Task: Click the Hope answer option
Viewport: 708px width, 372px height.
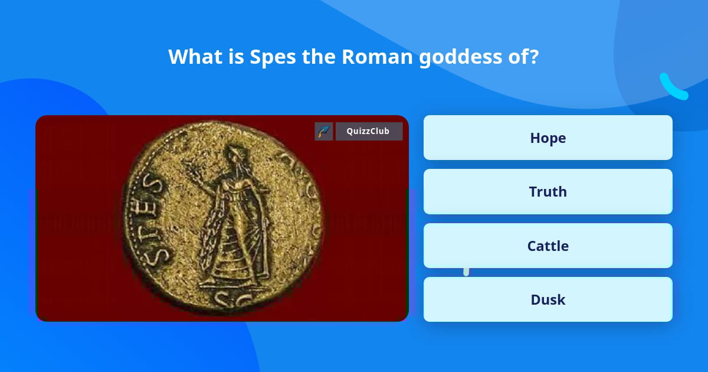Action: [x=548, y=138]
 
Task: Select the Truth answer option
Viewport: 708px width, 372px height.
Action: [x=548, y=191]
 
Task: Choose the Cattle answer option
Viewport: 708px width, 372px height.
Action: [x=548, y=246]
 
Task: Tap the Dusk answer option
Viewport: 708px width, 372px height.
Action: [x=548, y=299]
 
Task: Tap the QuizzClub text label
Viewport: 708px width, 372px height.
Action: [x=368, y=131]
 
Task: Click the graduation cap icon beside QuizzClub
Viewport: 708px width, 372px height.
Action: [x=324, y=131]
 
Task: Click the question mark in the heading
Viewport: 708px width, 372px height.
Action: [x=533, y=57]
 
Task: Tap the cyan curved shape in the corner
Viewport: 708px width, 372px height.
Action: [x=673, y=87]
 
